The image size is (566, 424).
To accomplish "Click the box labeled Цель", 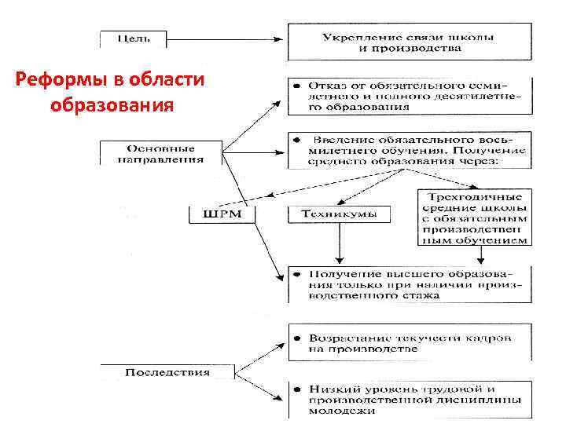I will [x=133, y=37].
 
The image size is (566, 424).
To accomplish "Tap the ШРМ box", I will [x=222, y=214].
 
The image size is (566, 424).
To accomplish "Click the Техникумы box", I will [x=337, y=213].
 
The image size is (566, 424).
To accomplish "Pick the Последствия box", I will [x=167, y=371].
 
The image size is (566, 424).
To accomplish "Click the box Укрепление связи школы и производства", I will [x=409, y=42].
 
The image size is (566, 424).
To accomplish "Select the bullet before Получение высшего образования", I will [x=296, y=274].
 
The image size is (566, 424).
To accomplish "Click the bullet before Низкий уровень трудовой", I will [x=296, y=389].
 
